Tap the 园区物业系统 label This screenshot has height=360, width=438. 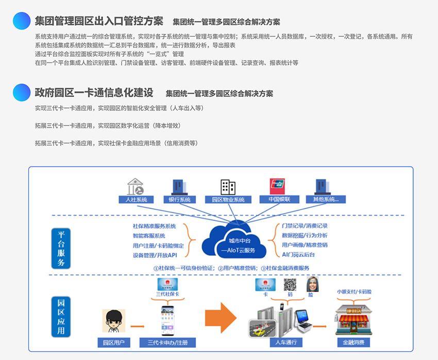tap(228, 200)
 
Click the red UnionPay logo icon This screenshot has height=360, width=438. tap(277, 186)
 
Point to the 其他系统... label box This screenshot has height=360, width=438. tap(326, 200)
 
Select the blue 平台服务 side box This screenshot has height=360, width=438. tap(60, 248)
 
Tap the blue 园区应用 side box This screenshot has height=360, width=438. tap(60, 315)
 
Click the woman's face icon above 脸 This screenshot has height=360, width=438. tap(311, 284)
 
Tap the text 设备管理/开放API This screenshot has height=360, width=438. tap(155, 255)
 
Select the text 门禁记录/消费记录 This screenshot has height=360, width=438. tap(305, 226)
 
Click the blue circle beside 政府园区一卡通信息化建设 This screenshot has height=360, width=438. tap(22, 93)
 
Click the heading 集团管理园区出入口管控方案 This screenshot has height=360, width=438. tap(99, 21)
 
